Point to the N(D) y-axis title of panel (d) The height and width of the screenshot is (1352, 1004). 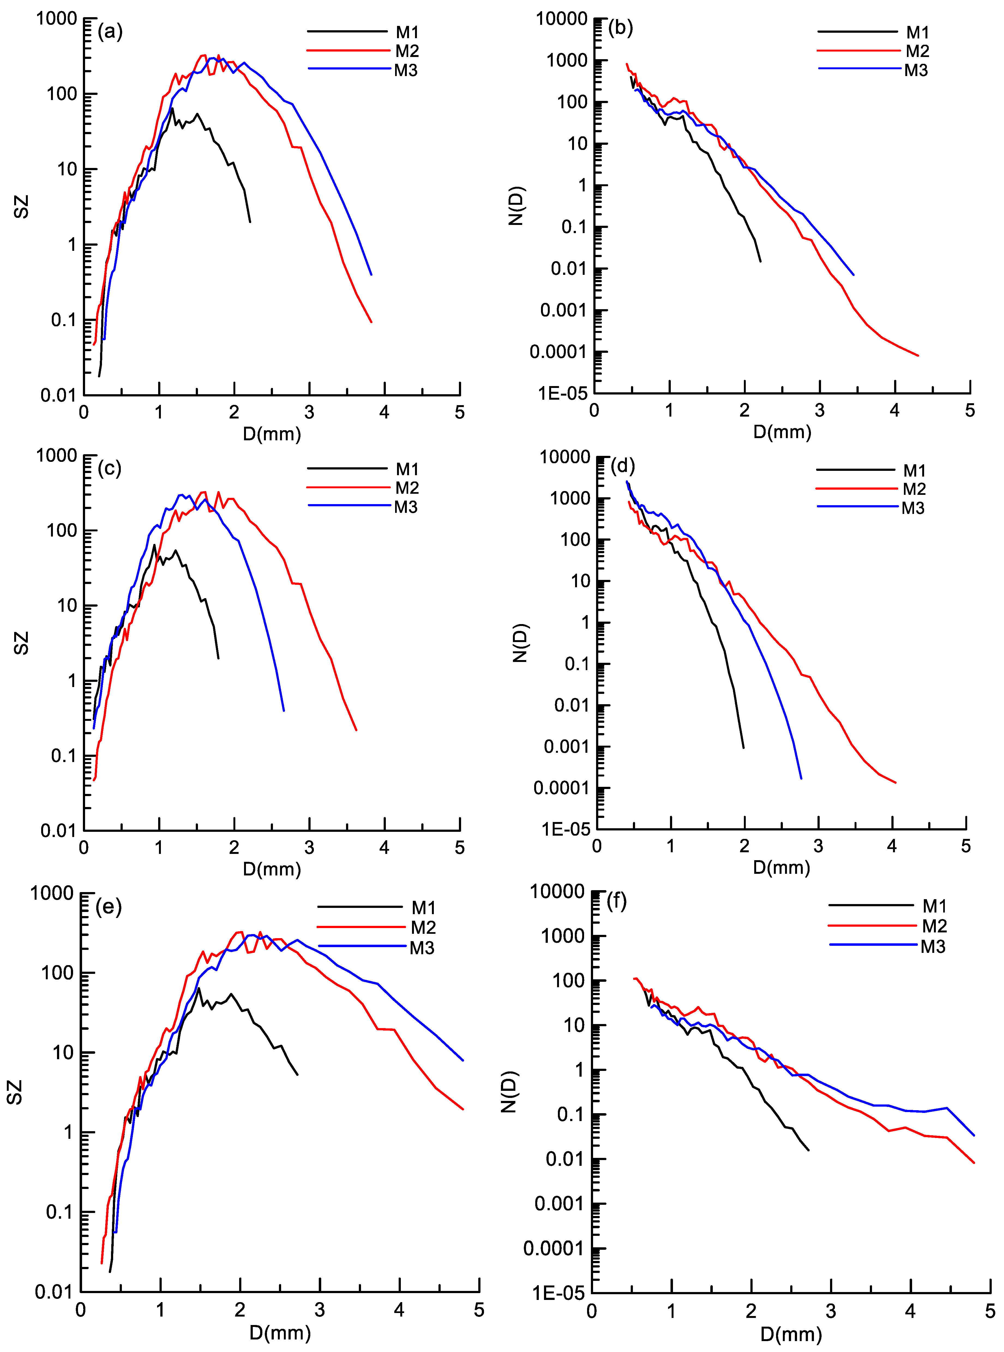pyautogui.click(x=520, y=643)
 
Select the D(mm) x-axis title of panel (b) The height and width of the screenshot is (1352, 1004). pyautogui.click(x=782, y=432)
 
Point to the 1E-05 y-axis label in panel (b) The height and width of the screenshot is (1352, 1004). pyautogui.click(x=563, y=394)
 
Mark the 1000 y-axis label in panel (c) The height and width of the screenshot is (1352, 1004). pyautogui.click(x=56, y=456)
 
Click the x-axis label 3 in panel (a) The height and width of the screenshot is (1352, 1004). pyautogui.click(x=309, y=412)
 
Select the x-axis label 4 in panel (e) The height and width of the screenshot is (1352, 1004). pyautogui.click(x=399, y=1310)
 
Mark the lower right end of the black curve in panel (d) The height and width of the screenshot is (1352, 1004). pyautogui.click(x=743, y=747)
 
